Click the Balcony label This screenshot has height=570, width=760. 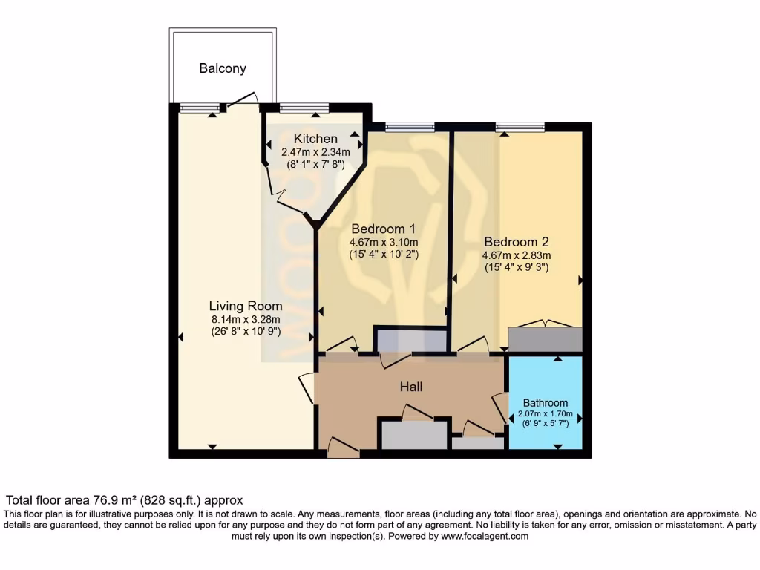(x=222, y=68)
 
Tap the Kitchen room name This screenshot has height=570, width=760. (x=315, y=139)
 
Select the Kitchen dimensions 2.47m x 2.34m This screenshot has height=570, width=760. (x=315, y=151)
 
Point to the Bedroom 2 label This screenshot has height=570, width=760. (x=516, y=242)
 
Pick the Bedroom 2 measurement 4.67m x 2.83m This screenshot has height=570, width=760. (x=517, y=255)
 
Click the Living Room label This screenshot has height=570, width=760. (x=246, y=306)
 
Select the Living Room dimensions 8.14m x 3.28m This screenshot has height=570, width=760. (x=246, y=319)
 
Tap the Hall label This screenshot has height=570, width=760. (x=411, y=387)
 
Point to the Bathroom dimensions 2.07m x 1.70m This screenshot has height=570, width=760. (x=545, y=415)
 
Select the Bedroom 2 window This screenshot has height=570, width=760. (x=520, y=127)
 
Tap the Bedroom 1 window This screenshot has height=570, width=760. (x=410, y=127)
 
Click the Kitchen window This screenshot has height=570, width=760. (x=304, y=108)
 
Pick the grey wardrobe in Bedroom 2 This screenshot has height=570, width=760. (x=545, y=339)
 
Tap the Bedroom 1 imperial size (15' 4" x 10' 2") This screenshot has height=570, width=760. (x=384, y=254)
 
